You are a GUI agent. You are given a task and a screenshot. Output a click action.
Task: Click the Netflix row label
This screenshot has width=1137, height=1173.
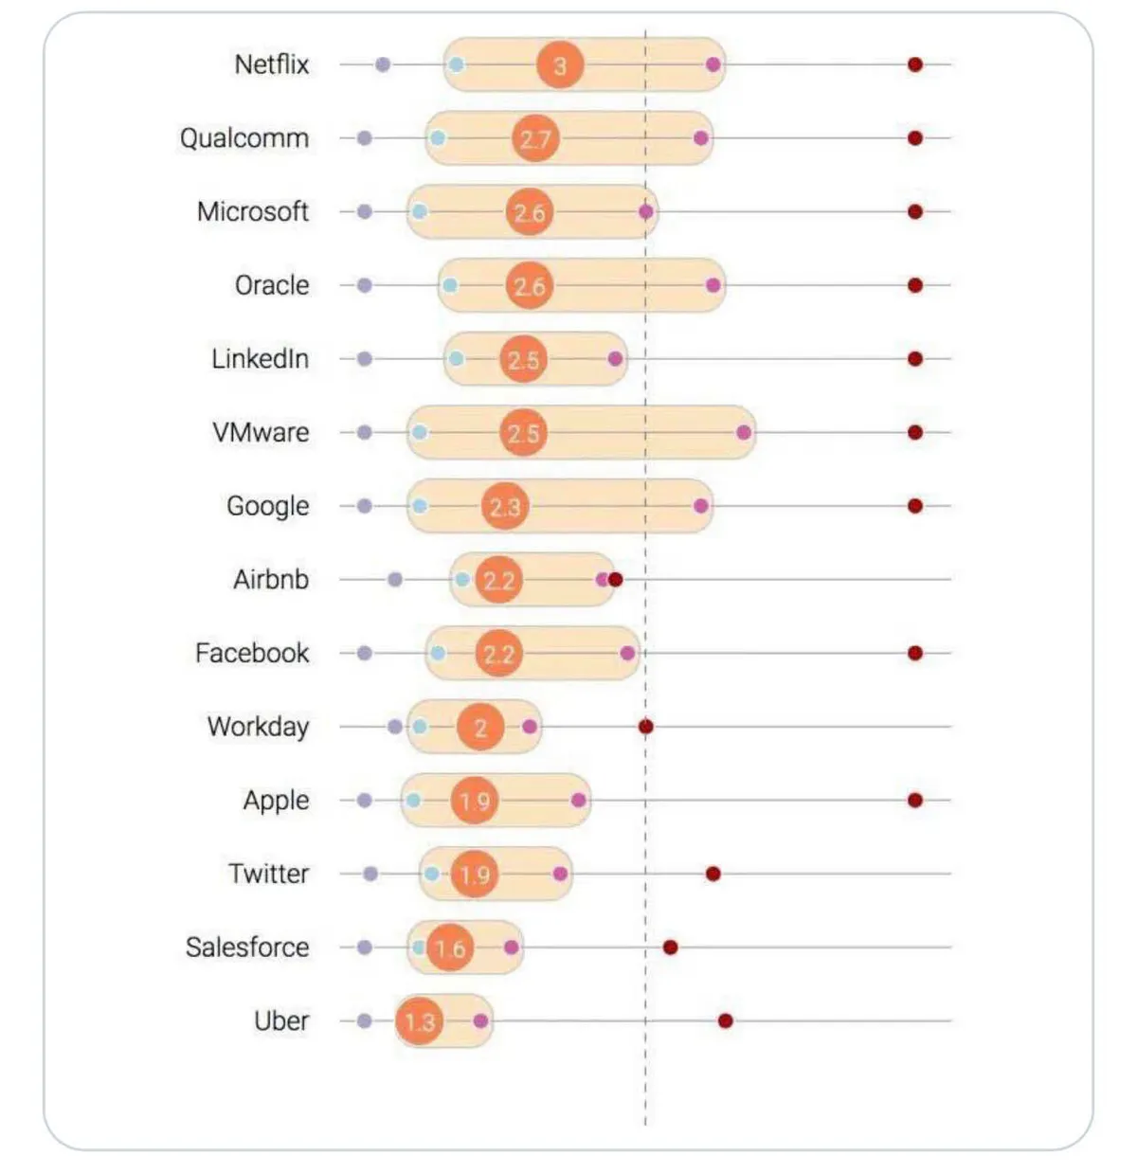272,64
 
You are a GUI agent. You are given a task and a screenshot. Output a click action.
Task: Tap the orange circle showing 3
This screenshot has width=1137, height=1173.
559,65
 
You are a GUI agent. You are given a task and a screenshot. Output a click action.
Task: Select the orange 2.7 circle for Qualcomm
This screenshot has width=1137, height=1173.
535,138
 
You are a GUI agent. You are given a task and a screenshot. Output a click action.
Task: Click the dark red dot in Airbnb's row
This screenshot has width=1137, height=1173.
615,579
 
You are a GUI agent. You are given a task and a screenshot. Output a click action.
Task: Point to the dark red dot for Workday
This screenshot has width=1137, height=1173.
645,727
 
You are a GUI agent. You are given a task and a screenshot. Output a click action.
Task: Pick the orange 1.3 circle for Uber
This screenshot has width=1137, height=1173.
419,1020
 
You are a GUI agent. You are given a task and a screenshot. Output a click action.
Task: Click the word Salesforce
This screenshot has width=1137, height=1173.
247,947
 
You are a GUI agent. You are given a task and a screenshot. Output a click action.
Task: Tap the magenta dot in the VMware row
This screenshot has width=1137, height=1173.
744,432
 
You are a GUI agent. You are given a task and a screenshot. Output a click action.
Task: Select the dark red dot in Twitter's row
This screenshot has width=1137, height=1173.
713,874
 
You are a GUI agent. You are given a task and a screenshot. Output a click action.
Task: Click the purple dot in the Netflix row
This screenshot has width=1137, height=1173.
383,64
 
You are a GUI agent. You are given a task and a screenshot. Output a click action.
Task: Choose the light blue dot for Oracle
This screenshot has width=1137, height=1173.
450,285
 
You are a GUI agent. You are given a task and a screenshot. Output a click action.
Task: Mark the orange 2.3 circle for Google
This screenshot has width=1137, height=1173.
505,506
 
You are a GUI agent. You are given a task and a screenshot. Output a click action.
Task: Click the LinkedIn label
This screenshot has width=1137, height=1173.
260,359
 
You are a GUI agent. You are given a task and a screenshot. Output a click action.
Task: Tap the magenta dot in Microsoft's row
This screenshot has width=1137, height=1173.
646,211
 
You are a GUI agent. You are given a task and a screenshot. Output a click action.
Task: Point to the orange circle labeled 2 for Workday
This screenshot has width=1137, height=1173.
480,727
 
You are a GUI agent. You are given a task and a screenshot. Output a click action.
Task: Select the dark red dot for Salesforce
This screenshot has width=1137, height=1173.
670,947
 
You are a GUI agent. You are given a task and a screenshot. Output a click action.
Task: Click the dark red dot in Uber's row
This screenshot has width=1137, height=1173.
725,1020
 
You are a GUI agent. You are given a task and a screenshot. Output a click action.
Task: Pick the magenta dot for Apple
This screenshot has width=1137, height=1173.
579,800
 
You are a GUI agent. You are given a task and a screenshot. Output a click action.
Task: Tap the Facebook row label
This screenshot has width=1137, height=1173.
252,653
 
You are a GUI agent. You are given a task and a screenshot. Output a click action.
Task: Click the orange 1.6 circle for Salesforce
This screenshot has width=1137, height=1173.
450,947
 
